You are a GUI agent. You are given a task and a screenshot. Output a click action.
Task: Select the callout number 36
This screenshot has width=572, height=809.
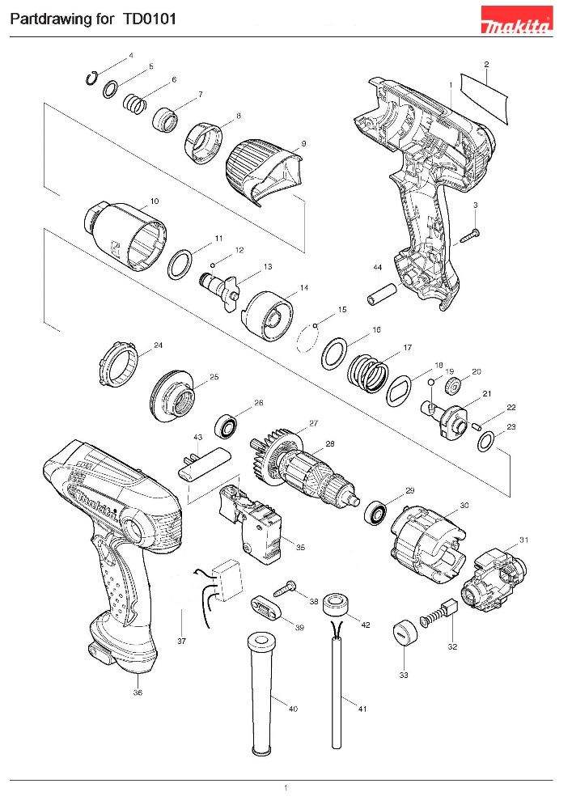tap(138, 692)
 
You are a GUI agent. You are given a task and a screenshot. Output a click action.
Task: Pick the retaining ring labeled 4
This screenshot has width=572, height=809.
tap(94, 77)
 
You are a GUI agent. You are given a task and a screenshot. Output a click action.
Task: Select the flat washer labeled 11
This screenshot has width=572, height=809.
tap(180, 264)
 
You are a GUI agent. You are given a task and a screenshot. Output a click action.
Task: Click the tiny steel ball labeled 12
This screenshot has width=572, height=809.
tap(211, 264)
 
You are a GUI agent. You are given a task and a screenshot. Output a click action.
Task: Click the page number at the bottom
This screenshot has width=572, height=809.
tap(286, 787)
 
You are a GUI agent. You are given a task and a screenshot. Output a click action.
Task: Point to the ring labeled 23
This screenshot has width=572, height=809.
tap(486, 442)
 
